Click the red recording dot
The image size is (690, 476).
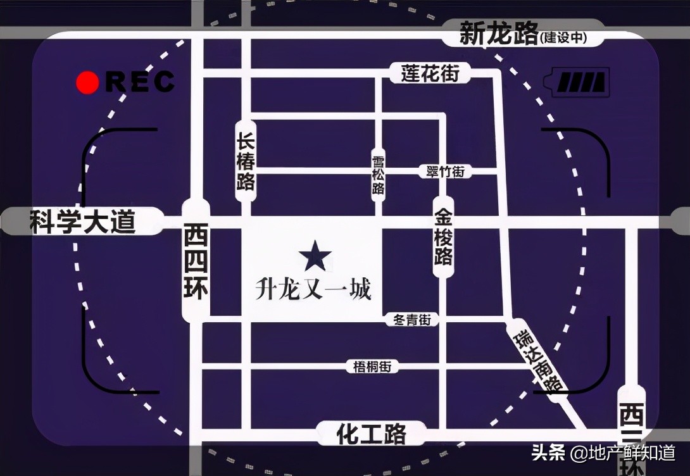[87, 82]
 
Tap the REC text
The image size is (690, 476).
[140, 82]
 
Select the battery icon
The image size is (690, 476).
[581, 83]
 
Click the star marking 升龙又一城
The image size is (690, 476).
[315, 256]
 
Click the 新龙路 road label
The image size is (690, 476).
[499, 34]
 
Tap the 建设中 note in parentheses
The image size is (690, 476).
[563, 39]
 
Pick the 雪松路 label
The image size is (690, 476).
[378, 175]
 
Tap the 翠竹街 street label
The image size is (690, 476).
[446, 171]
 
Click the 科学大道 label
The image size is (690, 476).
[83, 222]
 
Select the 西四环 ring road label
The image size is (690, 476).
[196, 261]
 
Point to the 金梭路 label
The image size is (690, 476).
[443, 237]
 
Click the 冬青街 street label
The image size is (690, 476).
[412, 320]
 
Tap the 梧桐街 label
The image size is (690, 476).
[373, 366]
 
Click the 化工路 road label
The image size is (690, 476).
[371, 434]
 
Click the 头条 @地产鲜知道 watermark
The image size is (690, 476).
[603, 453]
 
